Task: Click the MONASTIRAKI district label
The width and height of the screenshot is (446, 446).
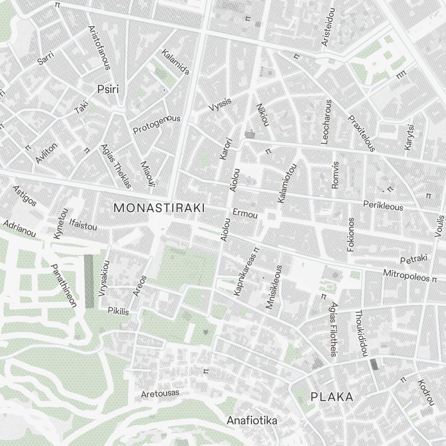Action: (x=159, y=208)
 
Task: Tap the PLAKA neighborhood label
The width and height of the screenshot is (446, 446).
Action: (x=332, y=396)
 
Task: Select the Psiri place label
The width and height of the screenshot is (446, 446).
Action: (x=108, y=90)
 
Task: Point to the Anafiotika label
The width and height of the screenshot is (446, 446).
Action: (x=252, y=420)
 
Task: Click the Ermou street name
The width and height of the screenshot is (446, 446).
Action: (x=245, y=215)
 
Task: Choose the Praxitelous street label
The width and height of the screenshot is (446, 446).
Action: (x=362, y=133)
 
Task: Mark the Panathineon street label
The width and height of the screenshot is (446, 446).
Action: (x=64, y=286)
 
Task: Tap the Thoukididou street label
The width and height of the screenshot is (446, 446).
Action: (x=360, y=333)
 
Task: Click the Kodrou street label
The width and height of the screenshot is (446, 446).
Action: (x=425, y=392)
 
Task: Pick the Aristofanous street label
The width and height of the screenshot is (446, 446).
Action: (x=99, y=48)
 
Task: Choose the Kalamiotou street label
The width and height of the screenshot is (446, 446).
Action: (x=288, y=183)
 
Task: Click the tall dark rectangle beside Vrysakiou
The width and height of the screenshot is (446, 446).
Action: (x=89, y=281)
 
